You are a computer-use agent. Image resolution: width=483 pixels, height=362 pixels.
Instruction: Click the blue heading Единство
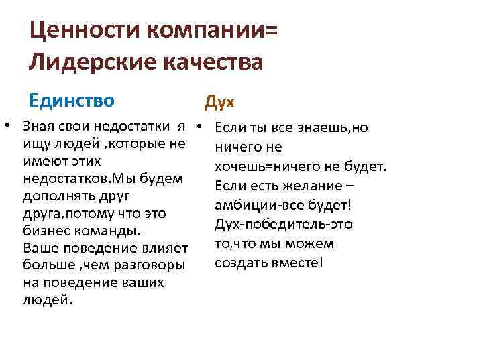(72, 101)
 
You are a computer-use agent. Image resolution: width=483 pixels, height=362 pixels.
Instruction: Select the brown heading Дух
(219, 102)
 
